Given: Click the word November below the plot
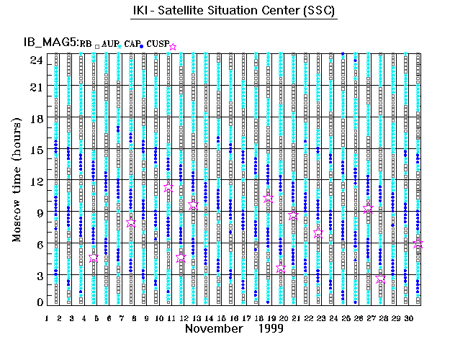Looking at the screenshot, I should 213,328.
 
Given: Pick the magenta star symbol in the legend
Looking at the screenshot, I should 173,47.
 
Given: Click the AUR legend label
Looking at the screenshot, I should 110,45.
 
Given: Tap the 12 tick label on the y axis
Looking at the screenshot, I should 35,181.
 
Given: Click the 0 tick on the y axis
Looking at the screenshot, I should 39,302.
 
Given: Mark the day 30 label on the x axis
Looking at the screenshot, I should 408,317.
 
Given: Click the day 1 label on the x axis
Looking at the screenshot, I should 47,317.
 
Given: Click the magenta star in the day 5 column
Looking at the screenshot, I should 94,257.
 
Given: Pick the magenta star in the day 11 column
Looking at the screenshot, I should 168,186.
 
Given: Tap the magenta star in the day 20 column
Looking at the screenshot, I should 281,269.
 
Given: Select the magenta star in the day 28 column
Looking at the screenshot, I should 380,279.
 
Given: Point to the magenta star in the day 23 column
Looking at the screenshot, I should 318,233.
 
